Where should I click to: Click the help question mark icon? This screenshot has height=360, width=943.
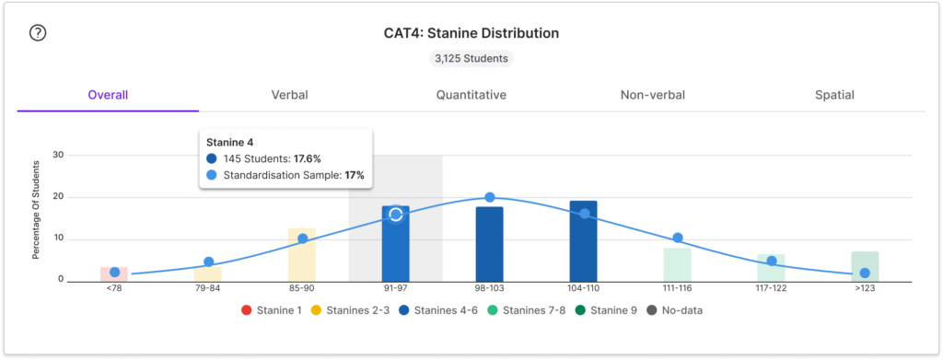[38, 33]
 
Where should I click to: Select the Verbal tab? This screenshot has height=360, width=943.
[290, 95]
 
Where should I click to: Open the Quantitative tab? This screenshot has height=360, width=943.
[471, 95]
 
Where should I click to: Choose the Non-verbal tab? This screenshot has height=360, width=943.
[653, 95]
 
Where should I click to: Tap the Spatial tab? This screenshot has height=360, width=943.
[834, 95]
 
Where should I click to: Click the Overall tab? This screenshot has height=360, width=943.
[109, 95]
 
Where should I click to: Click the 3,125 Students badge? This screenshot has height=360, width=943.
[471, 59]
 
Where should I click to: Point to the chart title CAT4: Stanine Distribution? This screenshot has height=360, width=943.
[471, 33]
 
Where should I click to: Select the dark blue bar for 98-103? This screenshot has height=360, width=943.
[490, 244]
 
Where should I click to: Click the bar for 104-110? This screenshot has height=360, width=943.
[583, 241]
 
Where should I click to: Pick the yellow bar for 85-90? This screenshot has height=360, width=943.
[302, 255]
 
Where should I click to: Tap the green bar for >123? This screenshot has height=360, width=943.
[865, 267]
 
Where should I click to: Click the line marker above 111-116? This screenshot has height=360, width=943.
[677, 238]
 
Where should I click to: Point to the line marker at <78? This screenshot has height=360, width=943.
[115, 273]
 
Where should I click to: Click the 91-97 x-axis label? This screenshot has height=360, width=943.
[396, 288]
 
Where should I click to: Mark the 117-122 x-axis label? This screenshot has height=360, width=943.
[771, 288]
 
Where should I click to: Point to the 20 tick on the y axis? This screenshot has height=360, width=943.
[60, 197]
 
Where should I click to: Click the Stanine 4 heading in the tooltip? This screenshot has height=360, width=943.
[229, 143]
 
